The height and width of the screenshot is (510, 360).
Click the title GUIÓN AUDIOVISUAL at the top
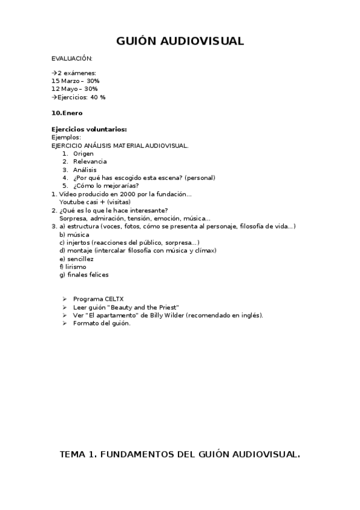(180, 41)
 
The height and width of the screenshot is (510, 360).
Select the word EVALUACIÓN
(72, 58)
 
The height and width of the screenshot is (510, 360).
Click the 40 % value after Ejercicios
(98, 97)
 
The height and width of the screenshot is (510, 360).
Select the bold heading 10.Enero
(67, 113)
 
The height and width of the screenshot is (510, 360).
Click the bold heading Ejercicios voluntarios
(89, 129)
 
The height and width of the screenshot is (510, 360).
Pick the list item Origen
(84, 153)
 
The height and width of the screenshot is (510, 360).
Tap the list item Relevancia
(90, 162)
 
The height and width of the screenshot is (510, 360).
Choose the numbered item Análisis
(85, 170)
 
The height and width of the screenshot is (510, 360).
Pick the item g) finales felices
(84, 275)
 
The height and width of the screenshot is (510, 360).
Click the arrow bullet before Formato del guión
(64, 324)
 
